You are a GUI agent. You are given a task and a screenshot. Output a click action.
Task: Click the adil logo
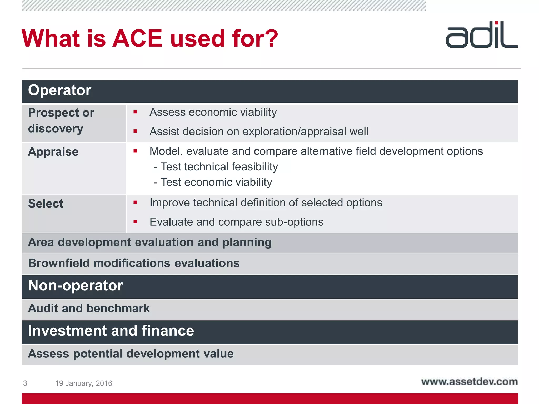pos(482,35)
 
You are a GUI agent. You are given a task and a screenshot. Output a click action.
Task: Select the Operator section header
pos(60,90)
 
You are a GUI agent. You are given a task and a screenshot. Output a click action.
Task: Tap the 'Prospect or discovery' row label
pos(61,120)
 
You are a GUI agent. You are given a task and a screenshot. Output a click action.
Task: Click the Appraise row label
pos(53,152)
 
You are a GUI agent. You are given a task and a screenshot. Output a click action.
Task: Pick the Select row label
pos(46,204)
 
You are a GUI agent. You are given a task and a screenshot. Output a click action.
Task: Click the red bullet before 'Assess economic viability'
pos(135,112)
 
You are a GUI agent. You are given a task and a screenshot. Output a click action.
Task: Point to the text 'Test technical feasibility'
pos(219,167)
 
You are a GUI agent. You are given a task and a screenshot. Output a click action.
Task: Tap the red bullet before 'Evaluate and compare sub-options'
pos(135,222)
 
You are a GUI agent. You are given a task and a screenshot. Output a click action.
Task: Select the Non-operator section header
pos(76,286)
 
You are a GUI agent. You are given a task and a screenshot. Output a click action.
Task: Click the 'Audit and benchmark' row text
pos(89,309)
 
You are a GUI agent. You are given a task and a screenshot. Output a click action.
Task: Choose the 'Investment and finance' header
pos(111,331)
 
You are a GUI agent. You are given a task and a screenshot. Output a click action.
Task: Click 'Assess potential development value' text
pos(131,354)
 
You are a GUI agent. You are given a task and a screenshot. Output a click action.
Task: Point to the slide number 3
pos(25,383)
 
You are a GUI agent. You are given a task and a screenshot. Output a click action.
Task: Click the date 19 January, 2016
pos(84,383)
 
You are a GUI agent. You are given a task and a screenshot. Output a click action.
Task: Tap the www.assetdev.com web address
pos(469,382)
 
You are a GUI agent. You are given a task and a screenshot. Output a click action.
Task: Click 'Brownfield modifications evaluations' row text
pos(134,263)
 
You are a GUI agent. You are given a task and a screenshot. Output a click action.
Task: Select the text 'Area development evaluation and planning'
pos(150,242)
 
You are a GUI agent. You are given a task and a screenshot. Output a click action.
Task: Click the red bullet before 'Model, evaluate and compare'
pos(135,151)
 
